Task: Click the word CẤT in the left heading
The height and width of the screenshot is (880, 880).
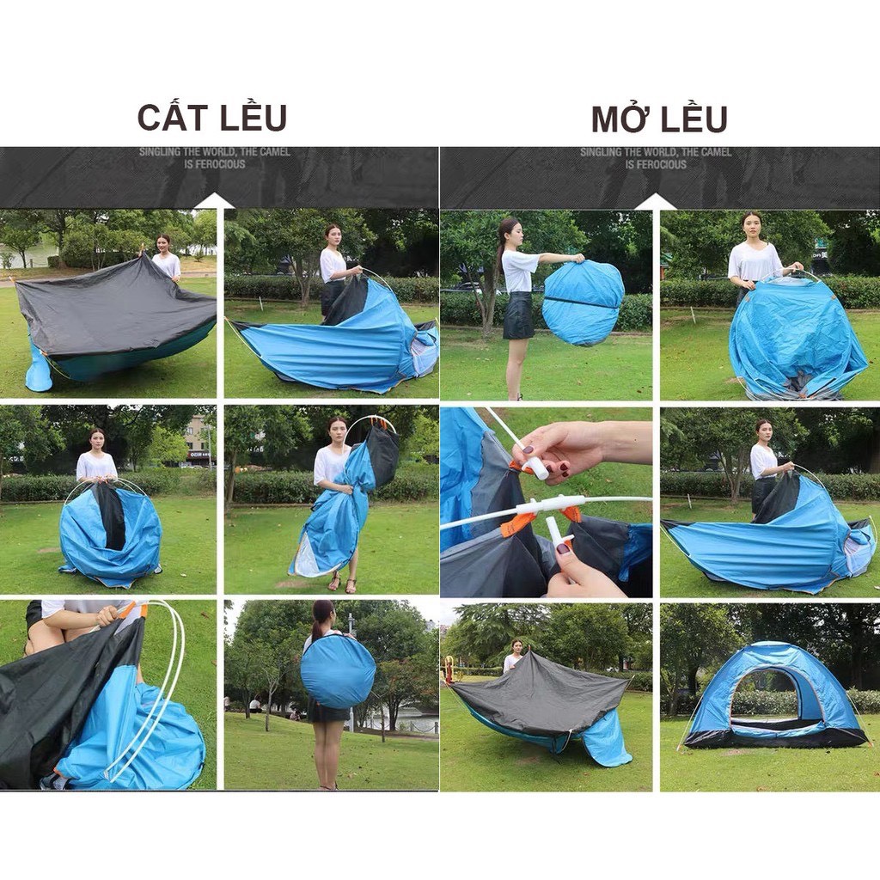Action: [170, 118]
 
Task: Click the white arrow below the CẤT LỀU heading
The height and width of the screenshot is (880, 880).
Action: [215, 201]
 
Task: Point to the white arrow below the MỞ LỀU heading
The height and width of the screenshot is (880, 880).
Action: [656, 201]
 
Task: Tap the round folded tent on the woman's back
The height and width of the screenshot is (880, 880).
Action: [338, 670]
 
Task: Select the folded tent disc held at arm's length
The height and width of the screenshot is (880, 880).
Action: [584, 302]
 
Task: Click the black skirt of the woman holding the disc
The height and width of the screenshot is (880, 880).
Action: [518, 315]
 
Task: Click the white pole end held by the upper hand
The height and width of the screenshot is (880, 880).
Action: [535, 467]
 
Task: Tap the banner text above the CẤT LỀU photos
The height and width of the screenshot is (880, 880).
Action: [215, 158]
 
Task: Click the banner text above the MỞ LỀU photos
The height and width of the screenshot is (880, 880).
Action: [656, 158]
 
